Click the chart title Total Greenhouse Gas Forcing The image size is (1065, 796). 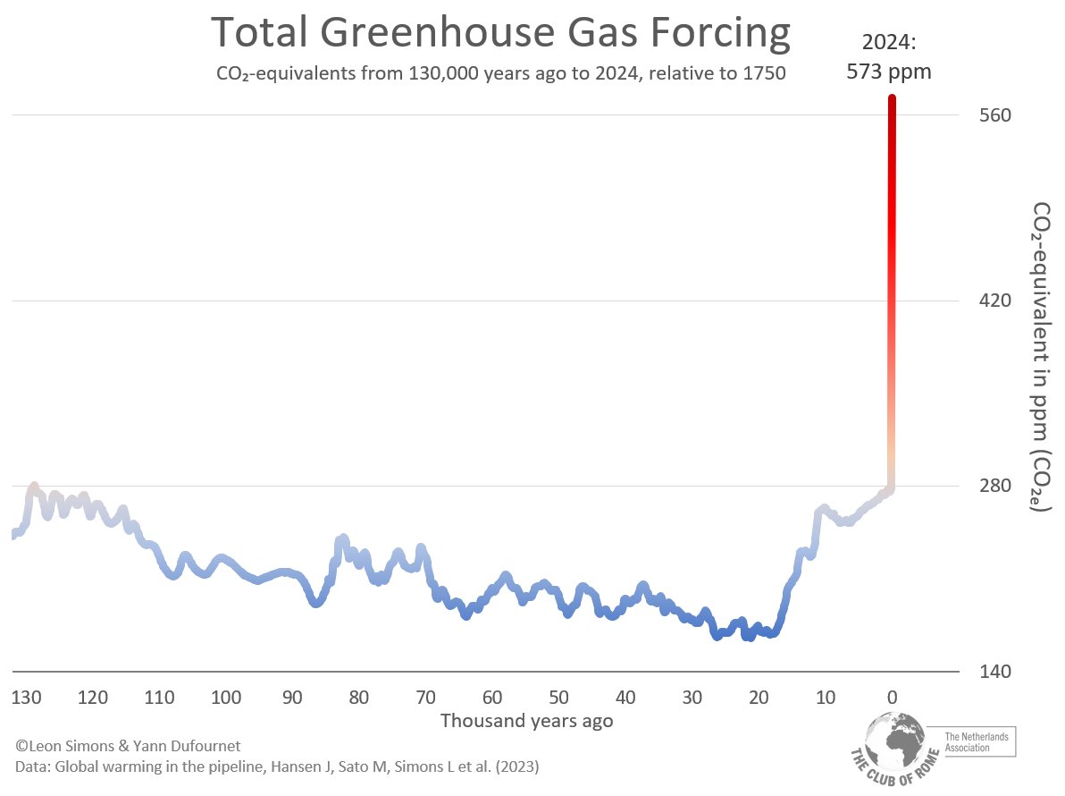pos(499,33)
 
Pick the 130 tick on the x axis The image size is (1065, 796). pos(27,698)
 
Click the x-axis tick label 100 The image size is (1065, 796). pos(226,698)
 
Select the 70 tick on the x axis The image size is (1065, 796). pos(425,698)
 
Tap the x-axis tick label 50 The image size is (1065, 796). pos(558,698)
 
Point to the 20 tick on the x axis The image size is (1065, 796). pos(759,698)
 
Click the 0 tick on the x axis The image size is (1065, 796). pos(892,698)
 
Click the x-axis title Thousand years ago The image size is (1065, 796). pos(526,721)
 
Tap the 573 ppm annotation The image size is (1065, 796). pos(889,72)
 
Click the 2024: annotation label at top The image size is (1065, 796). pos(889,41)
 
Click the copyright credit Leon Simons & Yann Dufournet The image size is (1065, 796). pos(128,745)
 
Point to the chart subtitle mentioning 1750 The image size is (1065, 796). pos(500,73)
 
